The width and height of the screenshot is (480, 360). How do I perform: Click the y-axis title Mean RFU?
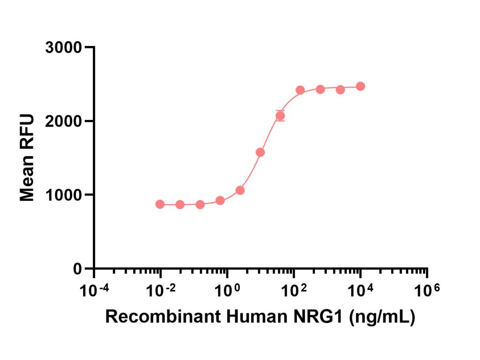tap(27, 158)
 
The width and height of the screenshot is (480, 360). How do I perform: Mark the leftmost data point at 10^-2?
tap(160, 204)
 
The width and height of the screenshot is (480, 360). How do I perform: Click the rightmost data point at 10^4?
tap(360, 86)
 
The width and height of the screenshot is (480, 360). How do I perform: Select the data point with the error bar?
tap(280, 116)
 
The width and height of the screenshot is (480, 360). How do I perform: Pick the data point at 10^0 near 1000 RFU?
tap(220, 200)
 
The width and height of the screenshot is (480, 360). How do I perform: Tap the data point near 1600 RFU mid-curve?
tap(260, 152)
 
